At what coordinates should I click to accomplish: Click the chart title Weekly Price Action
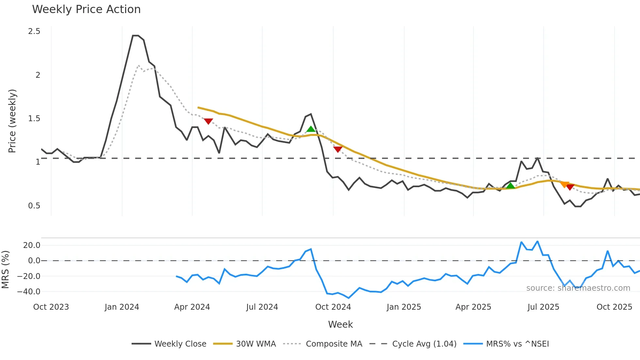(x=86, y=9)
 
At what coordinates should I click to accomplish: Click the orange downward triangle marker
(x=565, y=185)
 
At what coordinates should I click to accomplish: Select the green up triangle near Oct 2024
(x=311, y=129)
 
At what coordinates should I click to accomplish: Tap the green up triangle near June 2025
(x=510, y=186)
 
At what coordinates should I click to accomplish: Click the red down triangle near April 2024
(x=208, y=121)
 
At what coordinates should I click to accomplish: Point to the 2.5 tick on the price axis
(x=34, y=31)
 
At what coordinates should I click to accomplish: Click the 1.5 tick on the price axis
(x=34, y=119)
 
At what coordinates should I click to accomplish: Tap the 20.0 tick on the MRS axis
(x=32, y=245)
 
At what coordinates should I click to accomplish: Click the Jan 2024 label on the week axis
(x=122, y=307)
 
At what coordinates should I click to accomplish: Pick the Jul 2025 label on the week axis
(x=543, y=307)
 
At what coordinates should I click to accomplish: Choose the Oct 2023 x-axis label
(x=51, y=307)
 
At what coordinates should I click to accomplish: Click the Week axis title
(x=340, y=324)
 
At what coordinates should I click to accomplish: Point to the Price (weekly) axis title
(x=12, y=121)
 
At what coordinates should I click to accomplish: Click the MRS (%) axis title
(x=5, y=270)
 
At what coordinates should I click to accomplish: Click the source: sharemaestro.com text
(x=578, y=288)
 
